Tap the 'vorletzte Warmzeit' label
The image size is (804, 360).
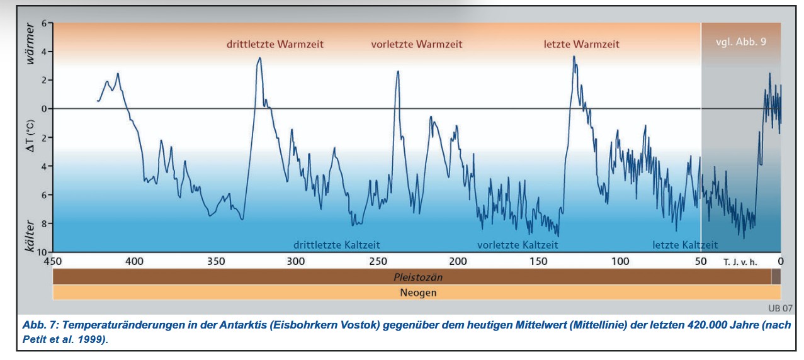click(x=417, y=45)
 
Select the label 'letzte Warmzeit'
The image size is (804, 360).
click(x=581, y=45)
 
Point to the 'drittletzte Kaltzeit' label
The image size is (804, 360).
click(x=336, y=245)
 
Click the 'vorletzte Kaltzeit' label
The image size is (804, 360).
click(x=518, y=245)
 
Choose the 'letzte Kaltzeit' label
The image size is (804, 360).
click(x=685, y=245)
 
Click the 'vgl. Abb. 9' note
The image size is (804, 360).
click(x=741, y=42)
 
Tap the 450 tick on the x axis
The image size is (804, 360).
click(x=53, y=261)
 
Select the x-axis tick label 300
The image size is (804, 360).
click(x=295, y=261)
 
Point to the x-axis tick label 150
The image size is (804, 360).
click(x=538, y=261)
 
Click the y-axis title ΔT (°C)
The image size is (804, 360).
click(x=30, y=137)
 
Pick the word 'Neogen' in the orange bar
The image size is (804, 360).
click(x=417, y=293)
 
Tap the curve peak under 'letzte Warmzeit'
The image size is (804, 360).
click(x=574, y=57)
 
